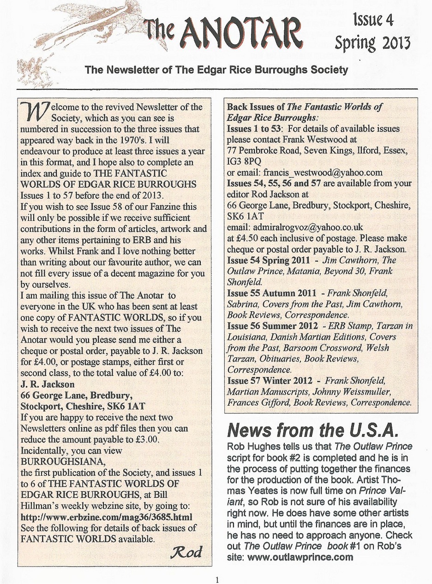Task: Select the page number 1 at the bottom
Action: click(x=216, y=579)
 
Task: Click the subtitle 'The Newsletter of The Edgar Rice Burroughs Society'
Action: click(x=216, y=71)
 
